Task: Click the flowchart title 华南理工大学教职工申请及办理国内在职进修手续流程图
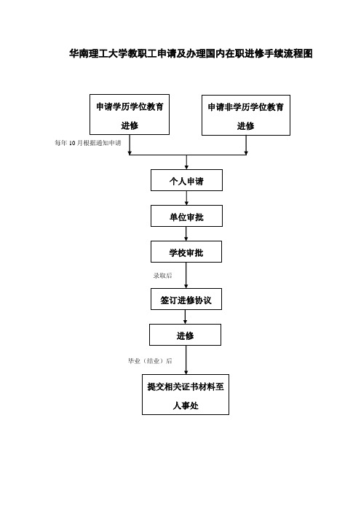coord(191,53)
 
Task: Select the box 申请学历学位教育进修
coord(130,115)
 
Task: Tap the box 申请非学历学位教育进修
coord(246,115)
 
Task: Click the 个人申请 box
coord(186,180)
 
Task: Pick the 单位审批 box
coord(186,216)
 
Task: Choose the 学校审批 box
coord(186,252)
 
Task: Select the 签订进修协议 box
coord(186,299)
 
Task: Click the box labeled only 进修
coord(185,335)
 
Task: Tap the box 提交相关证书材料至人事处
coord(186,395)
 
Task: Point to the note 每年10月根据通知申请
coord(88,143)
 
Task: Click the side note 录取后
coord(162,276)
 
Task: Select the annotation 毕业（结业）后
coord(150,361)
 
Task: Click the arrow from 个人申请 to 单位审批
coord(186,198)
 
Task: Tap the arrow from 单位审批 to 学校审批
coord(186,234)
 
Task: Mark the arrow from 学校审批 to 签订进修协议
coord(186,275)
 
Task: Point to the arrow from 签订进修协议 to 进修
coord(185,317)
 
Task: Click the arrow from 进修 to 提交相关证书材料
coord(186,360)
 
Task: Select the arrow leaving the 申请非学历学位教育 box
coord(246,145)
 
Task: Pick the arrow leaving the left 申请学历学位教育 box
coord(130,144)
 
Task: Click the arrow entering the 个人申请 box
coord(186,162)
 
